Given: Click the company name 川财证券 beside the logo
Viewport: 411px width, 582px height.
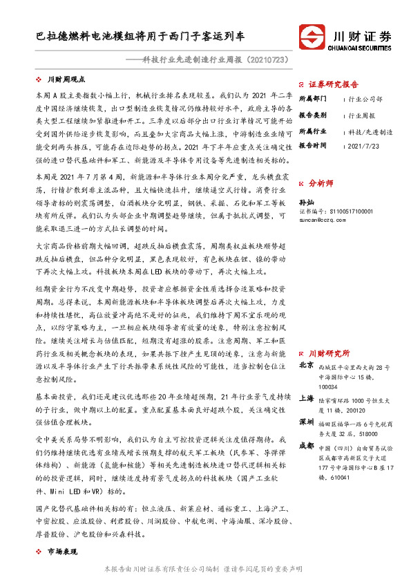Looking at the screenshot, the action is (362, 35).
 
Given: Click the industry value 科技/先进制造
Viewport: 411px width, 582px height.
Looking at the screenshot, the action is (370, 131).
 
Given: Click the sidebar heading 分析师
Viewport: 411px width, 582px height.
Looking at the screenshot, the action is (321, 184).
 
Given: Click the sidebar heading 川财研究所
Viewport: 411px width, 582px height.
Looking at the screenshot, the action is (329, 353).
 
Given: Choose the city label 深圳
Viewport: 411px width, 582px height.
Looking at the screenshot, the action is (307, 422).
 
